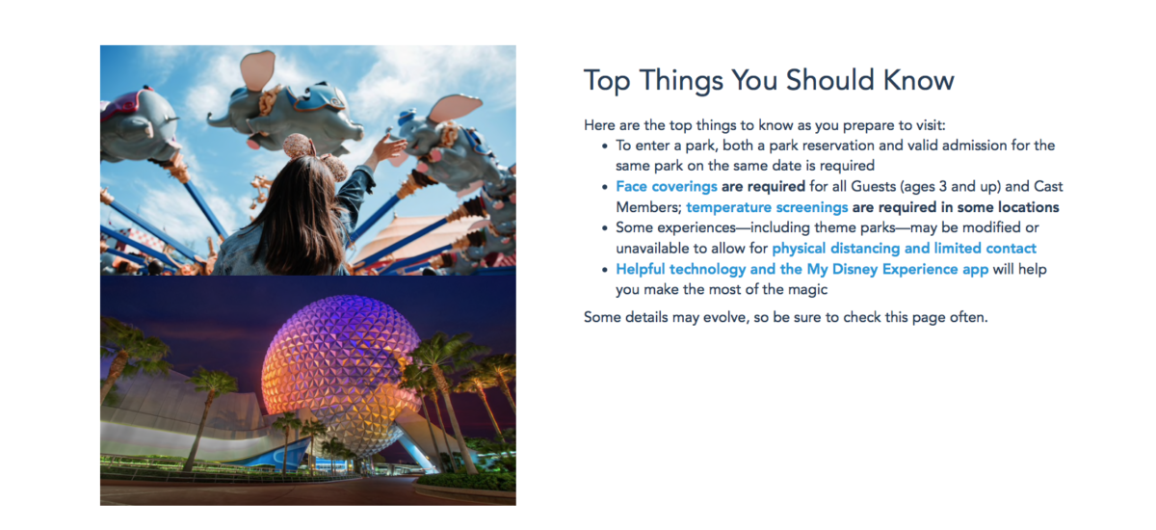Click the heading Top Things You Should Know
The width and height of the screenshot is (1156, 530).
click(769, 81)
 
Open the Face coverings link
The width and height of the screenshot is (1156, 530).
click(667, 186)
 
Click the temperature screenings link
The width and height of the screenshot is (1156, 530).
click(767, 207)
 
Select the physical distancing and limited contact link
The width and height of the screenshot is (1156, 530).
click(905, 249)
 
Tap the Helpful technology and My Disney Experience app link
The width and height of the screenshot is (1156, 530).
click(801, 269)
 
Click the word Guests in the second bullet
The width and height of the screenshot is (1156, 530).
click(873, 186)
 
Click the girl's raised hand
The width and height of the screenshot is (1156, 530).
click(388, 146)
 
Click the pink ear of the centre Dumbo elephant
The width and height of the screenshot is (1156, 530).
click(257, 70)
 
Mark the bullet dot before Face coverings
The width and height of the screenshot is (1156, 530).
click(605, 187)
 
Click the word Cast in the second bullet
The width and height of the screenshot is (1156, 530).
click(1048, 186)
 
